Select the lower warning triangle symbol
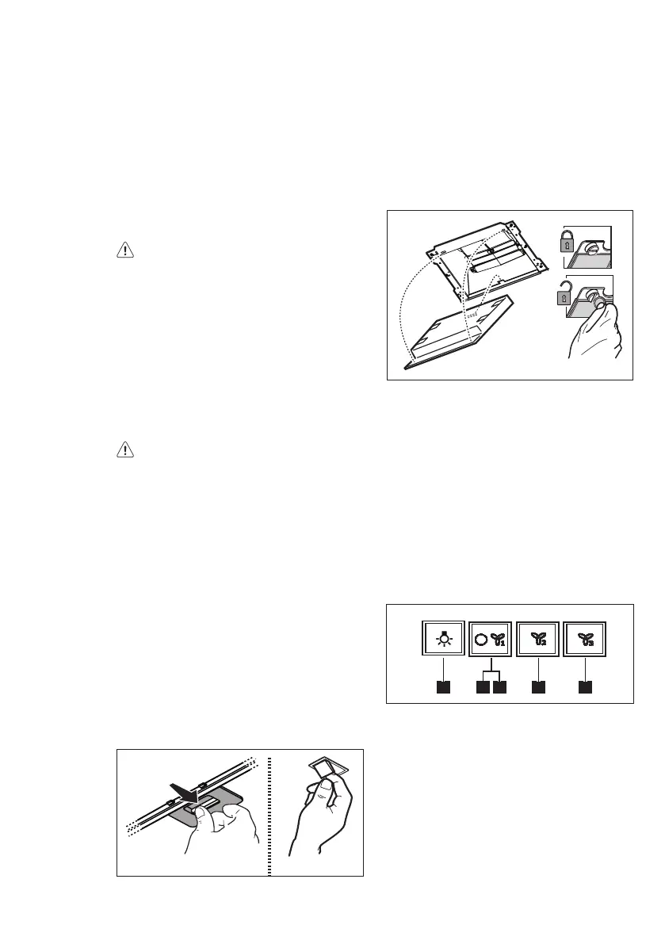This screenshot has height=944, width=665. (x=125, y=450)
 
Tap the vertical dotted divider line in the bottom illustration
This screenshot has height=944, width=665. (x=269, y=812)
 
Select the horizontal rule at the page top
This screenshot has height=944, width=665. (x=332, y=27)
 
